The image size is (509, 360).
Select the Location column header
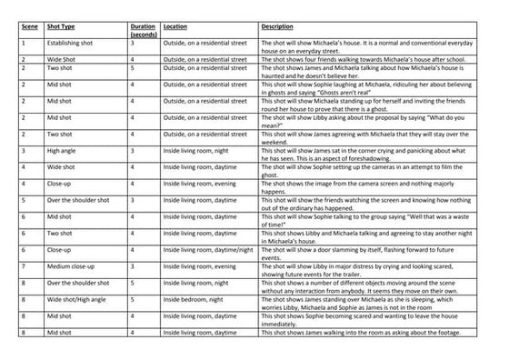[178, 27]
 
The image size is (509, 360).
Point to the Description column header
[277, 27]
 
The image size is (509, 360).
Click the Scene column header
[29, 27]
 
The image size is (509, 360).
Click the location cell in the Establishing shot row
[205, 43]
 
